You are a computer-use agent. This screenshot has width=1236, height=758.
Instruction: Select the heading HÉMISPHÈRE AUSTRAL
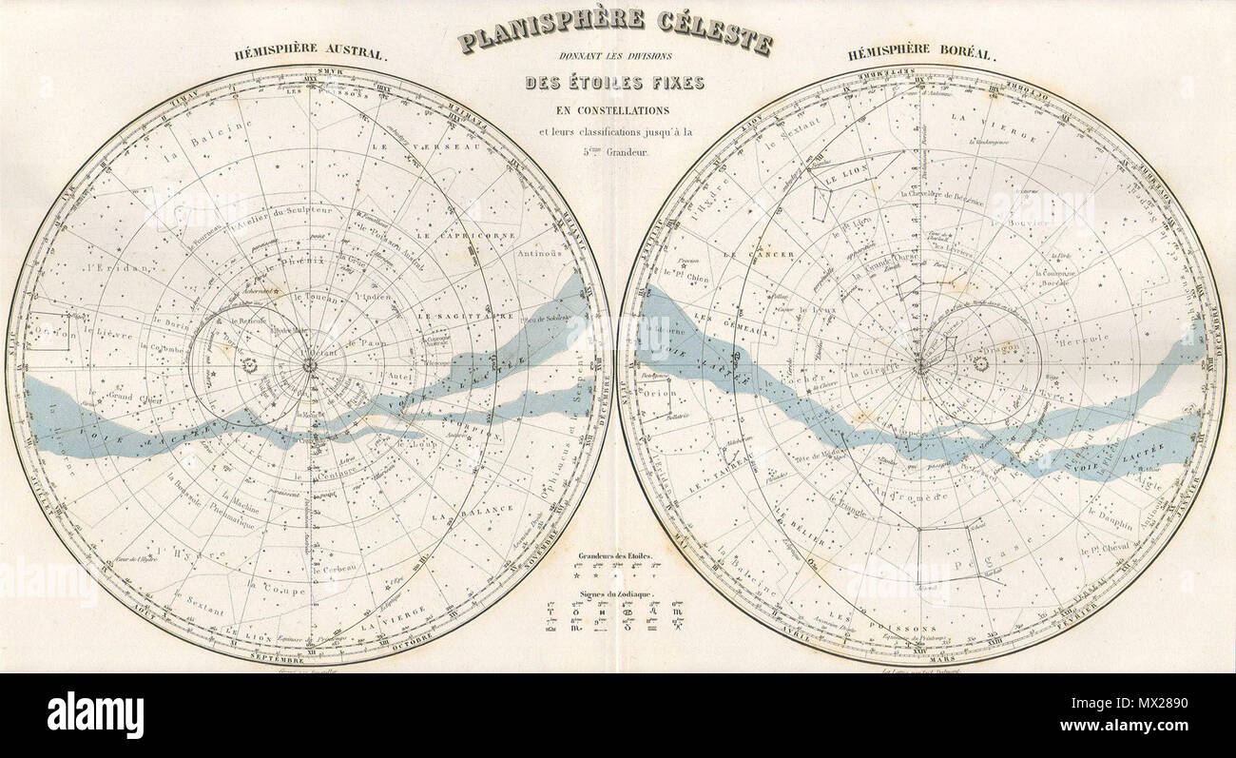coord(311,54)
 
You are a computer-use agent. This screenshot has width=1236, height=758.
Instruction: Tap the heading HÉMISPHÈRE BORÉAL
coord(923,54)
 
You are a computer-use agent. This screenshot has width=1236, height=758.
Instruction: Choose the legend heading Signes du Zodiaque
coord(614,593)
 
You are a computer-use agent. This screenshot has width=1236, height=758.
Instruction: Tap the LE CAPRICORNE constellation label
coord(474,234)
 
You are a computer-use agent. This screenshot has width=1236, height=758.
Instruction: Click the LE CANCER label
coord(744,255)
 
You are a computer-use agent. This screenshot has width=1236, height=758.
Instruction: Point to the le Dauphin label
coord(1108,520)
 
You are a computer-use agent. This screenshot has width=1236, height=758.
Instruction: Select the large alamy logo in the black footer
coord(95,714)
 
